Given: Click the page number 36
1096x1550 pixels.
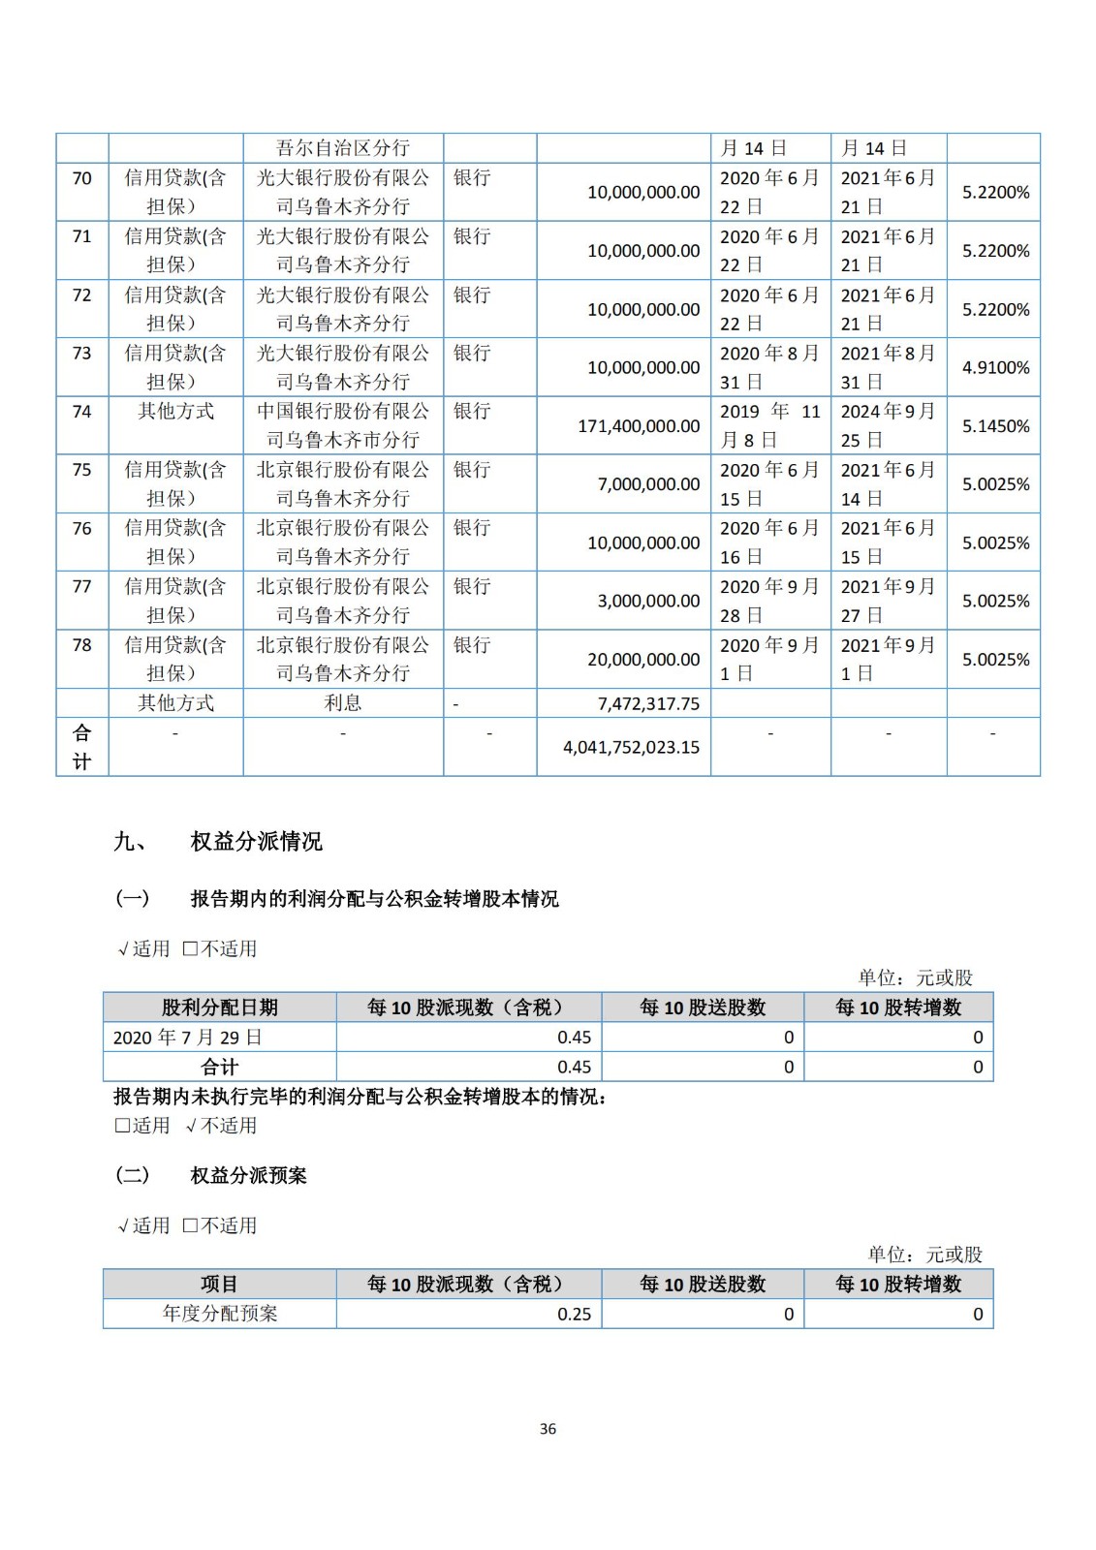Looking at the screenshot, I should pos(548,1429).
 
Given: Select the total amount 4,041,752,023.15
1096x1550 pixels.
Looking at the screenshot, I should pos(631,747).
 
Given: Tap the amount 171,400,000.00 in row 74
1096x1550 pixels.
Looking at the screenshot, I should pos(639,426).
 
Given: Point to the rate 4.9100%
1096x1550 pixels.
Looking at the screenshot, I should pos(995,368).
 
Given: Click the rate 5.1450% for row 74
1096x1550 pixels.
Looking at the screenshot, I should pos(995,426).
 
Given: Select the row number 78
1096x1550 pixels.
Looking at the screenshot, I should pos(82,645).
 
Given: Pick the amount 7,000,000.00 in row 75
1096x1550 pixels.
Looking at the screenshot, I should pos(648,484).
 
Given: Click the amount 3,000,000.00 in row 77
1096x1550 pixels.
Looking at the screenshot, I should pos(648,601).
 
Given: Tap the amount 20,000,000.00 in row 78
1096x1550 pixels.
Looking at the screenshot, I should pos(643,660).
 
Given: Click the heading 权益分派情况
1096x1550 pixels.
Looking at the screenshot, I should pos(256,842).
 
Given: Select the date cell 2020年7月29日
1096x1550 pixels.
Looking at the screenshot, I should pos(188,1038).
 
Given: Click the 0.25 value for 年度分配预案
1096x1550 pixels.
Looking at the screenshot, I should pos(574,1315).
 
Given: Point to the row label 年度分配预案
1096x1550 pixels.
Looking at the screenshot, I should pos(220,1315).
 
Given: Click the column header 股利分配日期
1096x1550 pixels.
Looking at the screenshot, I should pos(220,1007).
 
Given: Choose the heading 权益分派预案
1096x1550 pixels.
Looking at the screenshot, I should pos(248,1176).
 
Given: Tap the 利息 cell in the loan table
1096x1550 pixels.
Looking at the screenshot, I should pos(343,703).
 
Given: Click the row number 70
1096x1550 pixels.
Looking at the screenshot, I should pos(82,178).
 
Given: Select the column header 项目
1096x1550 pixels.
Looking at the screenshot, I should pos(220,1285).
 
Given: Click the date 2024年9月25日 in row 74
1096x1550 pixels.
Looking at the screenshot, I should pos(887,425).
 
